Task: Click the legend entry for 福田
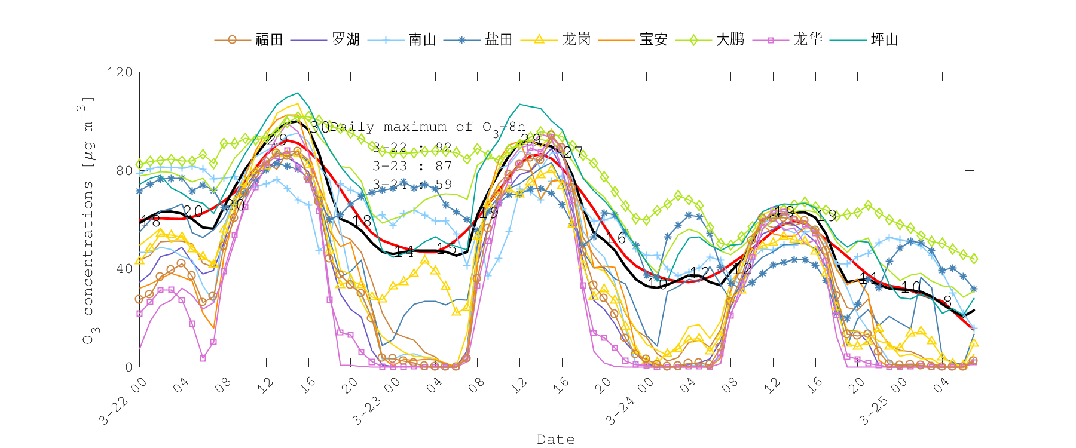(269, 39)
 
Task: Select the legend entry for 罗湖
(346, 39)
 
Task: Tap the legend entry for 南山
(422, 39)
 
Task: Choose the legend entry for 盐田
(499, 39)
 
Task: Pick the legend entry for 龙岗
(576, 39)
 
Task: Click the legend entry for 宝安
(653, 39)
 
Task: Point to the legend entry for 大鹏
(730, 39)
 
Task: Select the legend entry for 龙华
(808, 39)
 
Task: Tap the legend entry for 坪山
(885, 39)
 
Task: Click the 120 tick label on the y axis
(120, 72)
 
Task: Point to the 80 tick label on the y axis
(124, 171)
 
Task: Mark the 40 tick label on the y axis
(124, 269)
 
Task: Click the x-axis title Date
(556, 440)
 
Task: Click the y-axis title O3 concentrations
(88, 220)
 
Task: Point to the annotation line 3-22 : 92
(412, 147)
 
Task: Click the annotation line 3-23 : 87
(412, 165)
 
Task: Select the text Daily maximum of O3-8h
(428, 127)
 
